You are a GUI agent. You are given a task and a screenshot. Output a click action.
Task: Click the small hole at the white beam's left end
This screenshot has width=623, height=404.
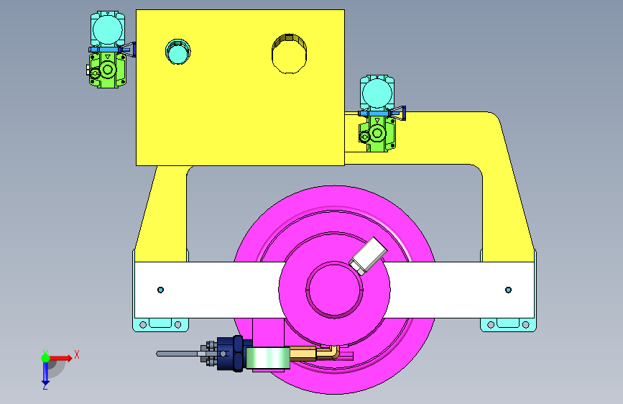point(160,290)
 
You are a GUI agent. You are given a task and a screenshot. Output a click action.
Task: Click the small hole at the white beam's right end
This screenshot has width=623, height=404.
point(508,290)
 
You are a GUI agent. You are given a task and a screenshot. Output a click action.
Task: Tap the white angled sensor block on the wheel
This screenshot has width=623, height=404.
point(368,256)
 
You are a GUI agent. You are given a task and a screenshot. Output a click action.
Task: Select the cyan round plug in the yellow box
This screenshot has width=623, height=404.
point(177,52)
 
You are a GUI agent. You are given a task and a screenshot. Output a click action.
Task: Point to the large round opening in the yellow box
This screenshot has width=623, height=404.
point(289,54)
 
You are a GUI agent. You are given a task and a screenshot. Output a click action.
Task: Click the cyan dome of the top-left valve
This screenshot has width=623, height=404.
point(108,29)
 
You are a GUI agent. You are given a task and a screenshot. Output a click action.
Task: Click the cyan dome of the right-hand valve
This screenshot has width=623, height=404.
point(377,93)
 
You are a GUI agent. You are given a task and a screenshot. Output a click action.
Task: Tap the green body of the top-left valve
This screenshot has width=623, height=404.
point(107,70)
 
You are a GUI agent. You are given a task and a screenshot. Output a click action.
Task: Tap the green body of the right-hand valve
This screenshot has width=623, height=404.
point(377,134)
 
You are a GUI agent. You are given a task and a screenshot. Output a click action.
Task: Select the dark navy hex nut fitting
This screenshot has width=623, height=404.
point(234,354)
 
